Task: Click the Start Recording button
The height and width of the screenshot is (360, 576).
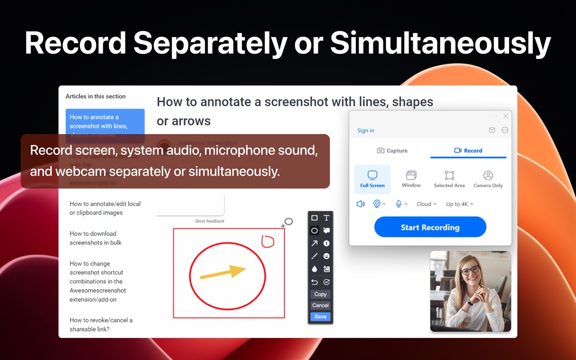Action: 430,227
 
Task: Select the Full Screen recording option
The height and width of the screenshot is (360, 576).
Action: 372,179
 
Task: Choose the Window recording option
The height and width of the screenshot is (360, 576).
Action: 411,179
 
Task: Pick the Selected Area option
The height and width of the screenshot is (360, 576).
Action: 449,179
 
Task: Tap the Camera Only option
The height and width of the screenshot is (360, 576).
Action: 488,179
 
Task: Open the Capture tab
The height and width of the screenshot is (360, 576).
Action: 392,150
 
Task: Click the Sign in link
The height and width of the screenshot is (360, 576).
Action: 366,130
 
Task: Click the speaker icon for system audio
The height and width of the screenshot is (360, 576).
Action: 361,204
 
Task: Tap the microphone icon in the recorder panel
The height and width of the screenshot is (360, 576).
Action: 398,204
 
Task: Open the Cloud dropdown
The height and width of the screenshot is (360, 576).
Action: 426,204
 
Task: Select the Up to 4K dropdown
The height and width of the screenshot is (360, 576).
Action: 459,204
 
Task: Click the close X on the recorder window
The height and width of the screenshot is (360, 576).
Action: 506,116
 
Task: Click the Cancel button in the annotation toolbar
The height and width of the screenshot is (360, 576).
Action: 320,305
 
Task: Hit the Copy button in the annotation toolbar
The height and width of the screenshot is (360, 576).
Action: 320,294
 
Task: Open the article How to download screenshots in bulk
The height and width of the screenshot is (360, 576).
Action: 96,238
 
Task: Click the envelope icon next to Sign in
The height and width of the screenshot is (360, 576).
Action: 492,130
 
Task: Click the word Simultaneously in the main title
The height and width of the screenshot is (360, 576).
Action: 440,43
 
